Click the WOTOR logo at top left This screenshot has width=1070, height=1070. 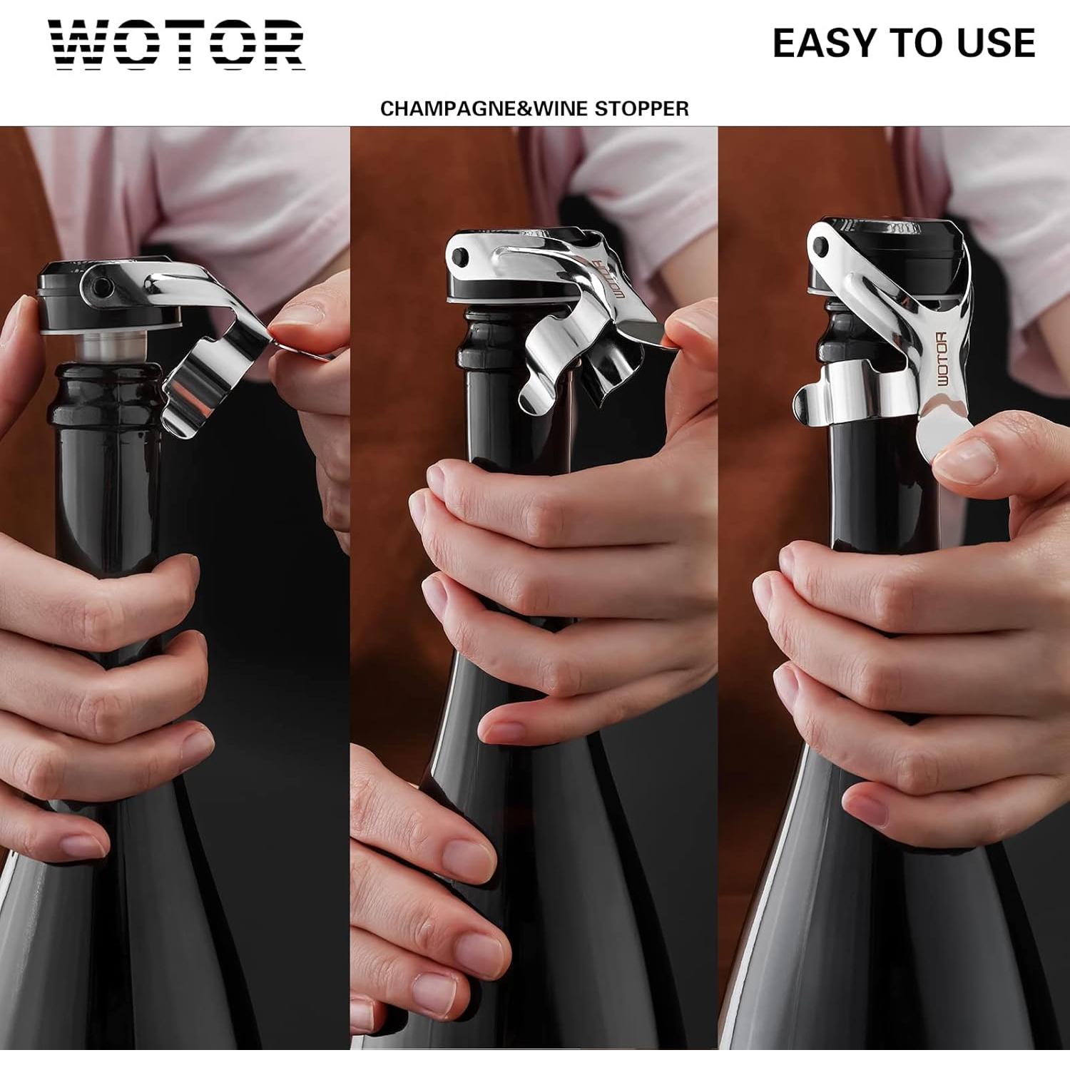(176, 44)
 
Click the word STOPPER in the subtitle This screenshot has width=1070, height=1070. (641, 109)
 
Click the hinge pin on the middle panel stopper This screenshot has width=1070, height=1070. (459, 255)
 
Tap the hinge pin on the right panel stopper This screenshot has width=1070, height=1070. (821, 248)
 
